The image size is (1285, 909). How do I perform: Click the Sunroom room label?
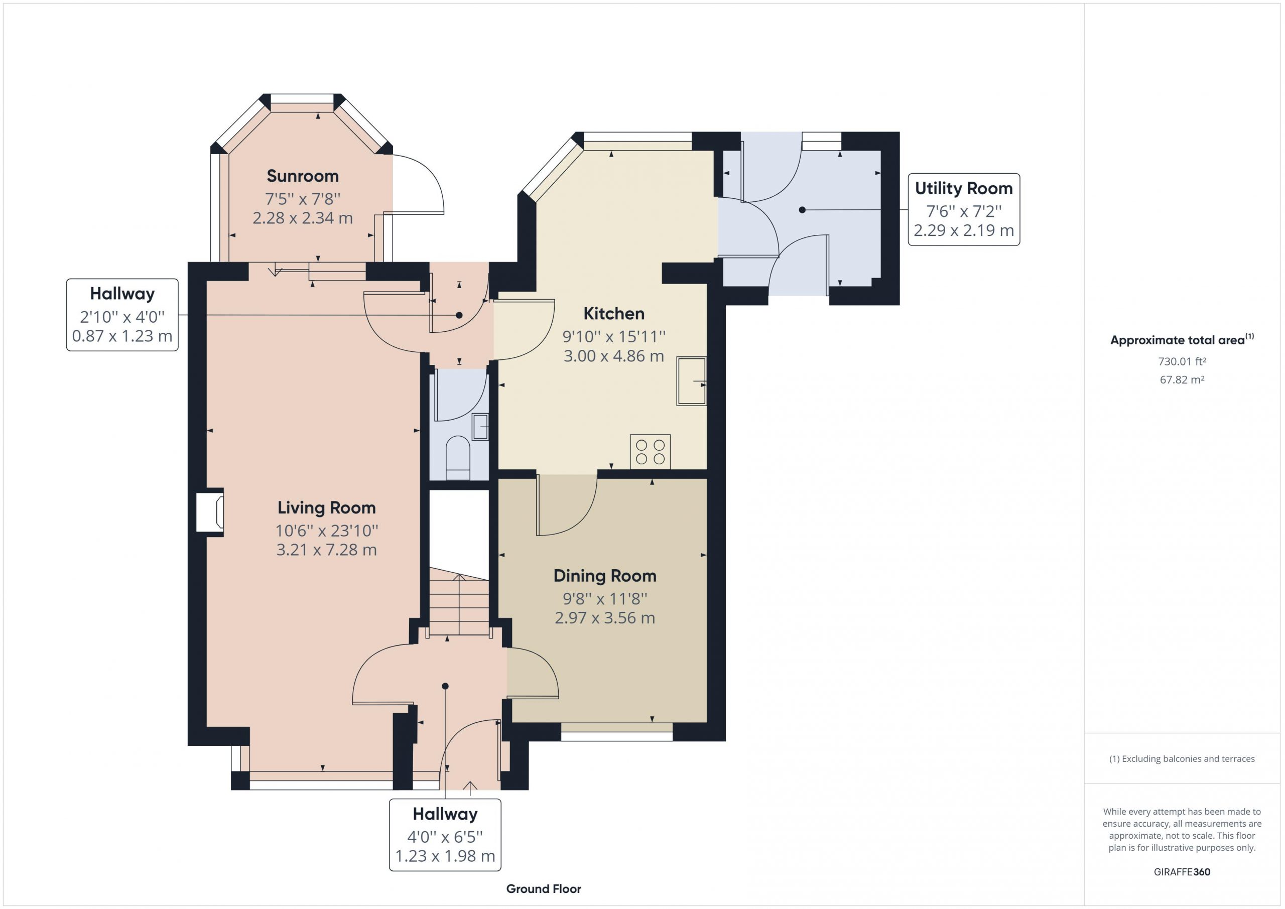tap(303, 176)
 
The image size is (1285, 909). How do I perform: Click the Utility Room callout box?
tap(964, 209)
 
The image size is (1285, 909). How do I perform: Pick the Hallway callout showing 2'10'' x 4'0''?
tap(122, 315)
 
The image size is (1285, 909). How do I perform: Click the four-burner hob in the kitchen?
tap(651, 452)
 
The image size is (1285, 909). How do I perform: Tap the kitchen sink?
tap(692, 380)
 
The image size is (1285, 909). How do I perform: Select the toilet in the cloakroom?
tap(458, 458)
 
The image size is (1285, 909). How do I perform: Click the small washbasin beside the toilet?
tap(480, 427)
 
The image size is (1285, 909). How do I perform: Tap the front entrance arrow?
tap(470, 788)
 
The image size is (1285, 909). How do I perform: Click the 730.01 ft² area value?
tap(1182, 361)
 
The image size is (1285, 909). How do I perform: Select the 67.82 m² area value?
tap(1182, 379)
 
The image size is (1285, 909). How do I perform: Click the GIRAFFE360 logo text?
tap(1182, 871)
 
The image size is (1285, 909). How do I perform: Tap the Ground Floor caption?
tap(544, 889)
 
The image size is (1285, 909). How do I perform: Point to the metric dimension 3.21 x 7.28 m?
tap(326, 550)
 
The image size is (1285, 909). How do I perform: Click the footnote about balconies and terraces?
tap(1182, 759)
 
